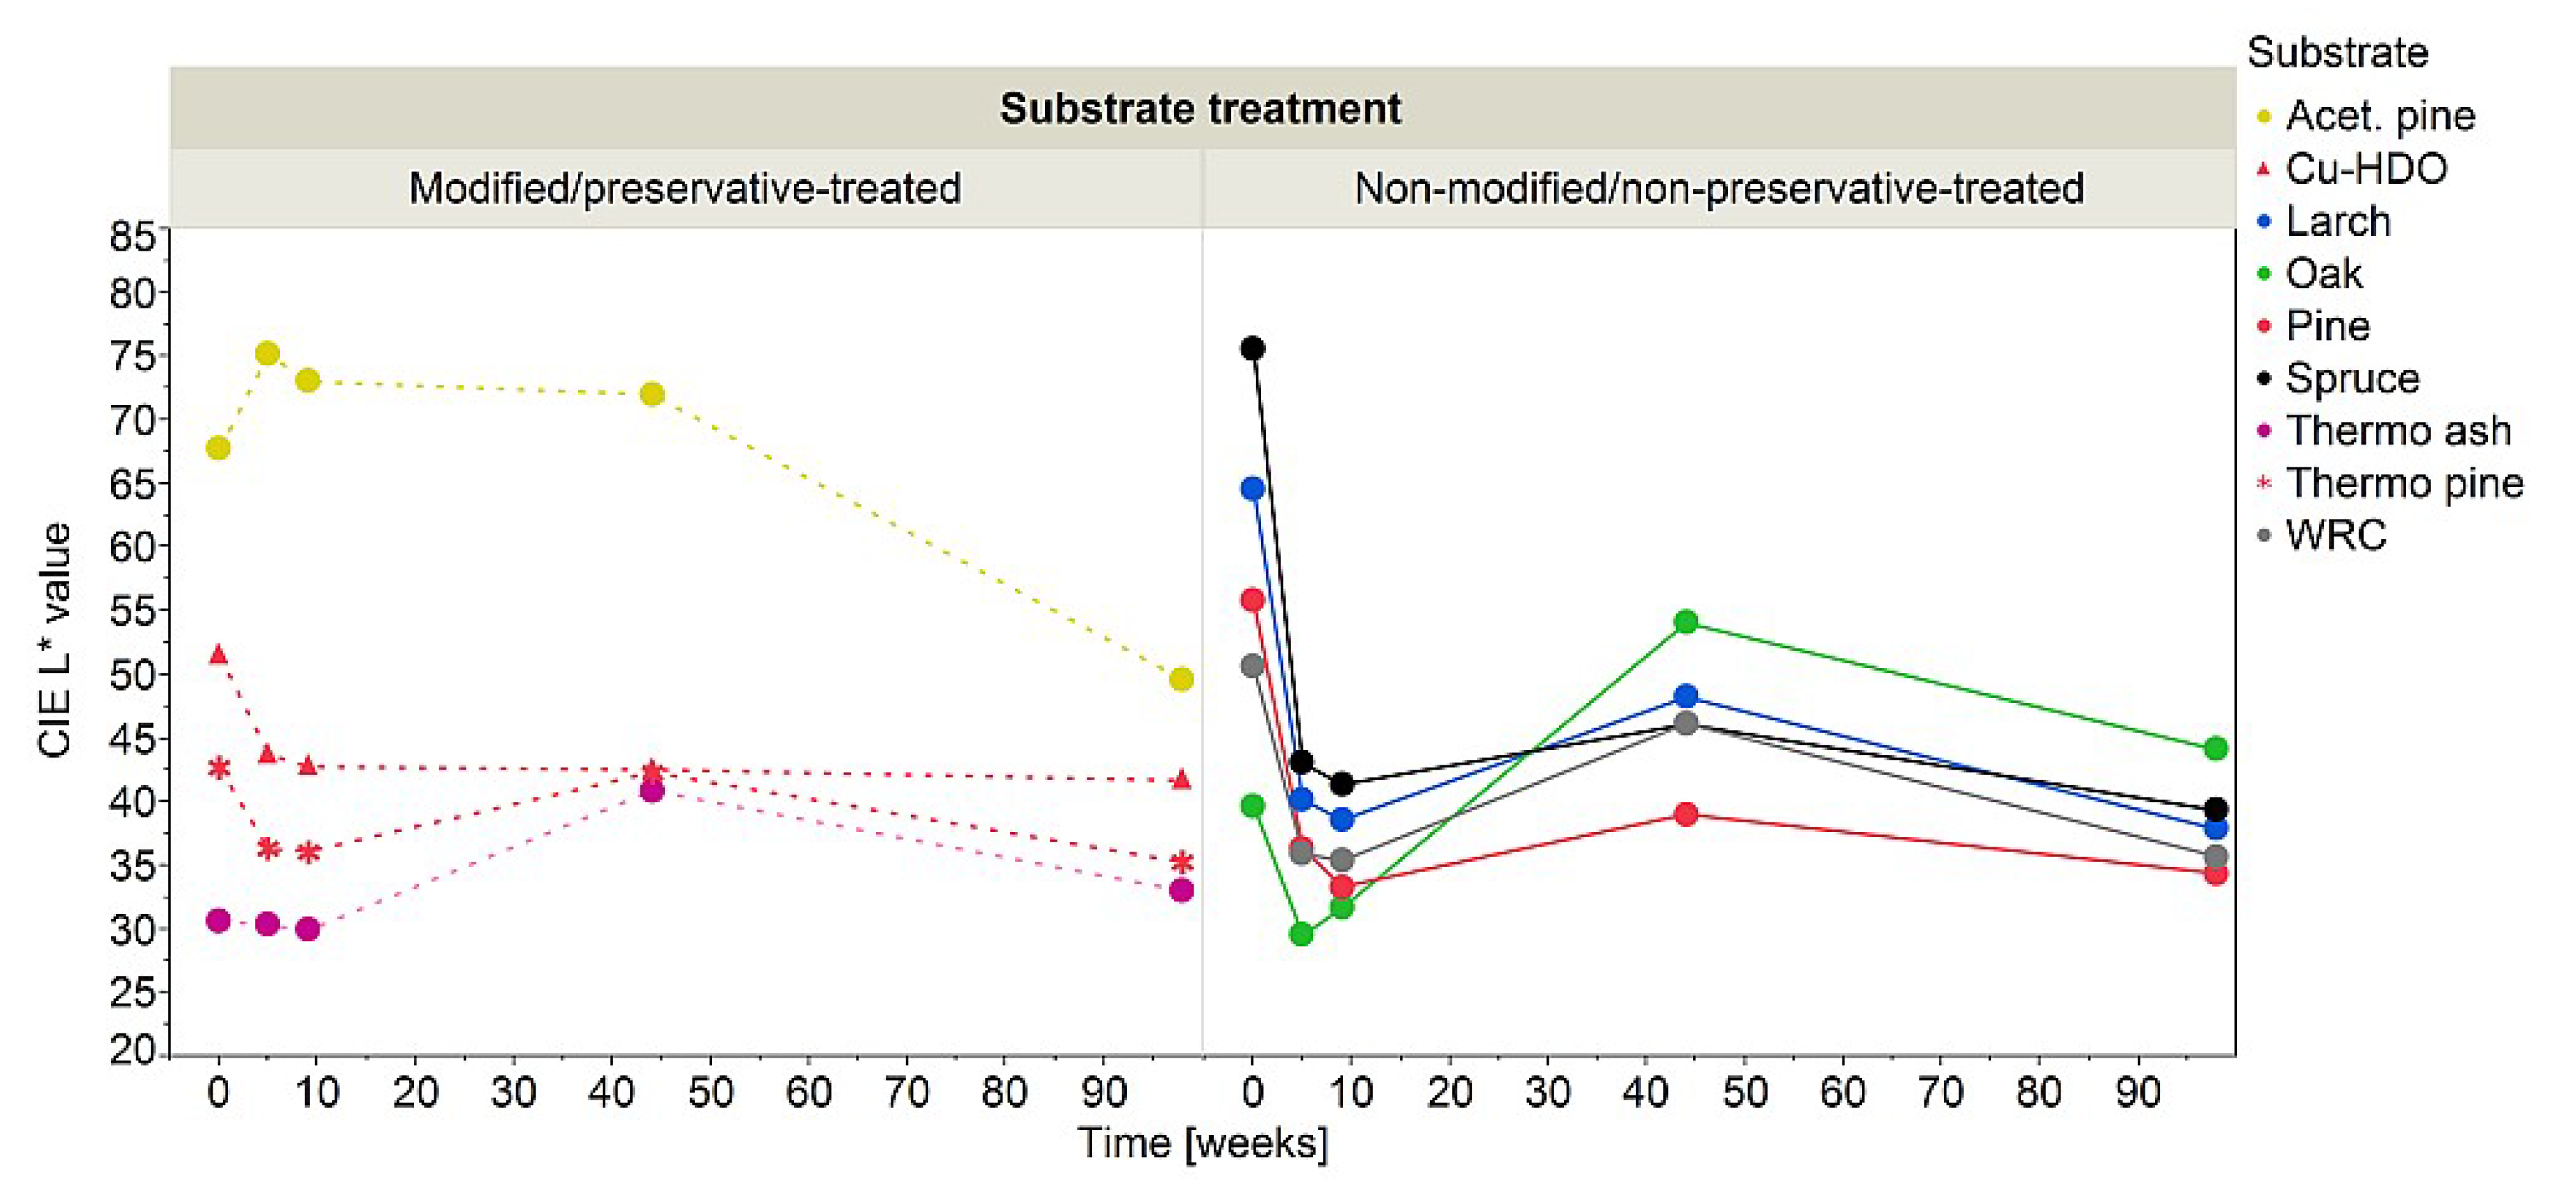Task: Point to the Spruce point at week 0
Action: [x=1252, y=348]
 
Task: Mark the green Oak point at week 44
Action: [x=1685, y=622]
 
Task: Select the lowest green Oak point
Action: [x=1301, y=934]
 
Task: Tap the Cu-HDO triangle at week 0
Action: [x=218, y=654]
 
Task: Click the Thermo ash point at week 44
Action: [x=651, y=790]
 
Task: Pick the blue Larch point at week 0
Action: [x=1252, y=488]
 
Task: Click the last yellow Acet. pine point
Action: [x=1181, y=679]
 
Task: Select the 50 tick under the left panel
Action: [x=711, y=1092]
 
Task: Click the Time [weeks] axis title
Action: [x=1203, y=1143]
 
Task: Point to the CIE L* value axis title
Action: [x=55, y=640]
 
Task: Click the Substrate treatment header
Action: [x=1201, y=108]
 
